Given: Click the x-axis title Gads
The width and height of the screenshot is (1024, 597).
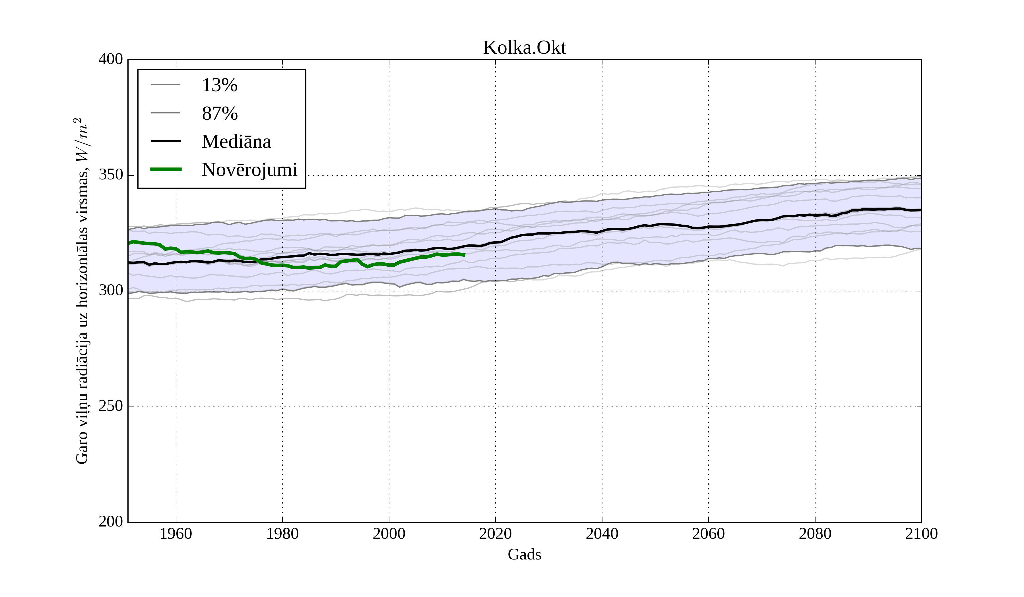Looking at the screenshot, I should [524, 554].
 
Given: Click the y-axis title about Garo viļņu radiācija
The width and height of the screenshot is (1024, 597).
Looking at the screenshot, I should [82, 291].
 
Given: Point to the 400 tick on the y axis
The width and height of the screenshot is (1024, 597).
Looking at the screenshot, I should [111, 59].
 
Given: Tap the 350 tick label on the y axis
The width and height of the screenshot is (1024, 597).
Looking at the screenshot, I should [111, 175].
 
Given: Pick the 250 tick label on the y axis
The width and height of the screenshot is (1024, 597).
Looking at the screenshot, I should [111, 406].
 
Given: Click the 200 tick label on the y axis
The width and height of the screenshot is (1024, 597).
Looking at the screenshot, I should [111, 521].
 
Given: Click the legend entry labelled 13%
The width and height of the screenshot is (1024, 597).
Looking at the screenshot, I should [219, 85].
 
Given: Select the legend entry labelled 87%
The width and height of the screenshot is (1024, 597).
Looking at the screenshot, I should [219, 113].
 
